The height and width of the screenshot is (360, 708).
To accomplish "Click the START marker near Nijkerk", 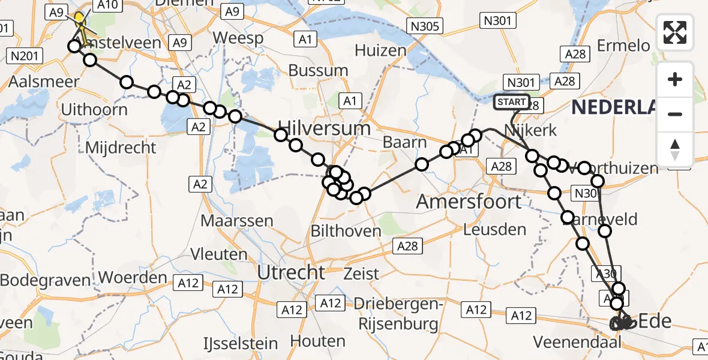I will point(512,102).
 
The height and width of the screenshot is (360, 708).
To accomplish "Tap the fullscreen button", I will point(675,32).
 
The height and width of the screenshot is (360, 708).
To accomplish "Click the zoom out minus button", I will point(675,114).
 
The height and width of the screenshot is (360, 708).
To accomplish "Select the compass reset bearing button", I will point(675,149).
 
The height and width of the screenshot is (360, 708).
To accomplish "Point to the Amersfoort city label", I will point(469,202).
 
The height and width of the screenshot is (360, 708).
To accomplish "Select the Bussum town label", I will point(318,70).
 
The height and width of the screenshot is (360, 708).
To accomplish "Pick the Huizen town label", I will point(380,50).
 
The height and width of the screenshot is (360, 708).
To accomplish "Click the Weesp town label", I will point(238,38).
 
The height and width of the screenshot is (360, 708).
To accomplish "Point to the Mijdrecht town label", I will point(121,148).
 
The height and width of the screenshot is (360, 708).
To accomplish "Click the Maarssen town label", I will point(236,220).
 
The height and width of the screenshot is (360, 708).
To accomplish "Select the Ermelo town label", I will point(624,46).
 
